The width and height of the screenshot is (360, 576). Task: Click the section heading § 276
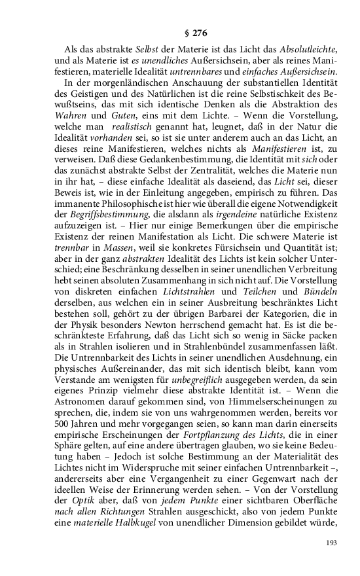[179, 32]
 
